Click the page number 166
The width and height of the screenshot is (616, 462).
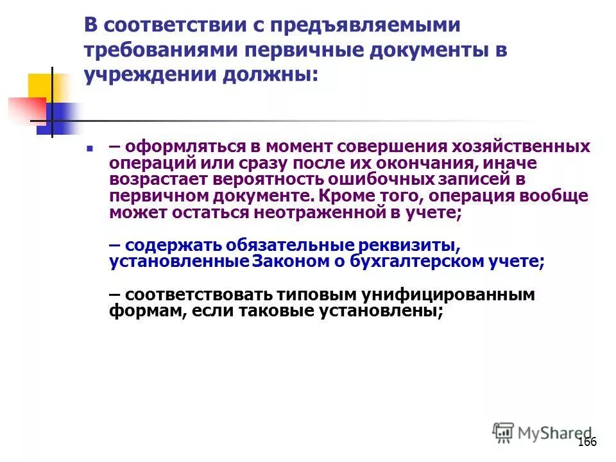[x=587, y=443]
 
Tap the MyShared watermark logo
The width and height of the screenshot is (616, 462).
[x=543, y=433]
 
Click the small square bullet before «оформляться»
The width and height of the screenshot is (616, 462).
[x=90, y=148]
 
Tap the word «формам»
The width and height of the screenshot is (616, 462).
[x=135, y=312]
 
